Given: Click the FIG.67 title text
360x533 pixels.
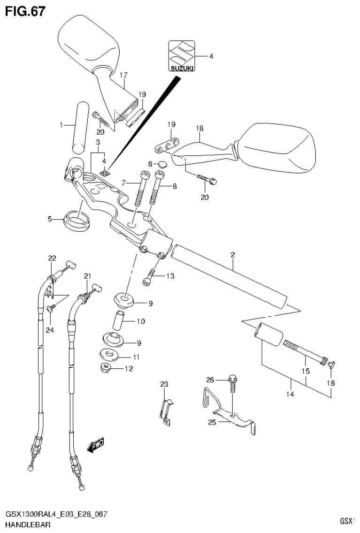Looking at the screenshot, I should tap(25, 11).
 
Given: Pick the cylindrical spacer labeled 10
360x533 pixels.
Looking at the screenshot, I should tap(120, 321).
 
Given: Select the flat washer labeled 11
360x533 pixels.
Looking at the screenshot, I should tap(112, 355).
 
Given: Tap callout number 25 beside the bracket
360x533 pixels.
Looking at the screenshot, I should tap(211, 422).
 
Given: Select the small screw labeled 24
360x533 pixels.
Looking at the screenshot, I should tap(51, 308).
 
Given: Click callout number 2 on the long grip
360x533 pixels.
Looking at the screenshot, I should tap(232, 255).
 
